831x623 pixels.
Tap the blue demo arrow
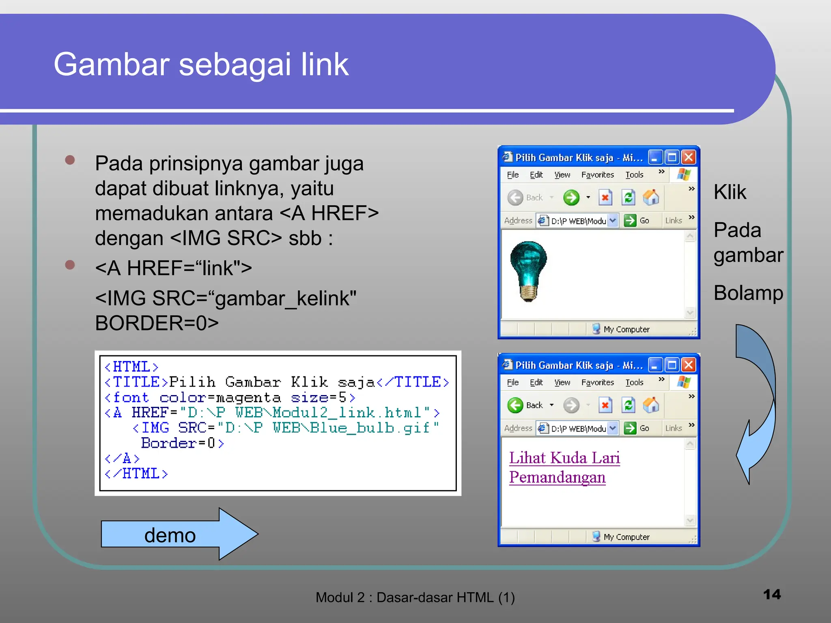179,534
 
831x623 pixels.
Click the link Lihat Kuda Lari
564,458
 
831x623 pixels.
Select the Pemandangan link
557,477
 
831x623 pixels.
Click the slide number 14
771,594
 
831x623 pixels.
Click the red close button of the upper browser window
689,157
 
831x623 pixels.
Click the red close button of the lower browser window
689,365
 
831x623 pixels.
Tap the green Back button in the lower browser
516,405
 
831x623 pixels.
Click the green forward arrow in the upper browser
571,198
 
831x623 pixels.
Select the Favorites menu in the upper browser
597,175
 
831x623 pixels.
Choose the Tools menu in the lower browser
634,382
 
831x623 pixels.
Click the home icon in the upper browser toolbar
651,198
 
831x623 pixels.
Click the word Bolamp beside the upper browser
748,293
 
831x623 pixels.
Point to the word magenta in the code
248,398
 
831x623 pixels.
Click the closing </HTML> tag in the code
136,474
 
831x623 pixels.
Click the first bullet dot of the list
70,160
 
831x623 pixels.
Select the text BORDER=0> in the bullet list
157,323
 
